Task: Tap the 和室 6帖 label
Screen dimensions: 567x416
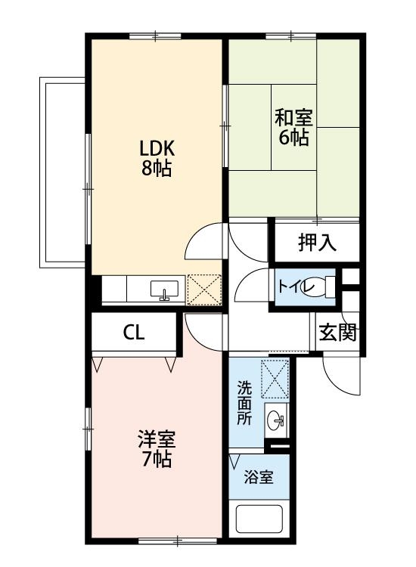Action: click(x=293, y=127)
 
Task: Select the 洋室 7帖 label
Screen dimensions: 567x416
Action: click(x=157, y=448)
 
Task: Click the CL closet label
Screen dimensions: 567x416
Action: click(x=135, y=333)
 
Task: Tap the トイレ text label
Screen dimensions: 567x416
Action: click(x=292, y=287)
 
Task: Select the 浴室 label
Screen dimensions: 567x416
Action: click(x=258, y=477)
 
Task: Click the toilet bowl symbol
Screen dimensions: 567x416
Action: click(x=324, y=287)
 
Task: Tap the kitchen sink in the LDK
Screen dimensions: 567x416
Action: click(x=165, y=290)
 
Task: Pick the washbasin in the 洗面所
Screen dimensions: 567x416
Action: click(x=275, y=420)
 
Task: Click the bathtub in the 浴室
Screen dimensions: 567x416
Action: click(x=259, y=519)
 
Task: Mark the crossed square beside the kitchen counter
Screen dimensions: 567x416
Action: click(x=203, y=290)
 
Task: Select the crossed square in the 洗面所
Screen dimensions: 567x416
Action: click(x=275, y=378)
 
